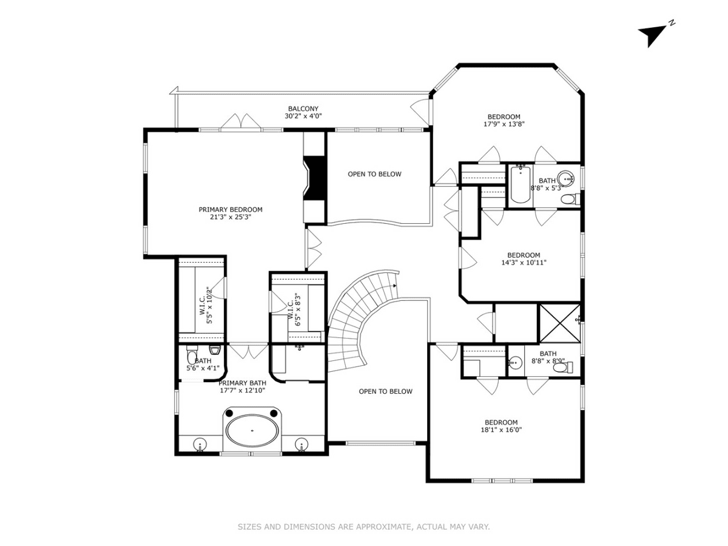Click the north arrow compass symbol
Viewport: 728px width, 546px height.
651,35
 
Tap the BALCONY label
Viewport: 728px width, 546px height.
303,109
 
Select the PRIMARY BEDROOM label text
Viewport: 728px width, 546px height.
230,209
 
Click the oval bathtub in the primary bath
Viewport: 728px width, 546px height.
252,430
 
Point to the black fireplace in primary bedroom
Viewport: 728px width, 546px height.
315,178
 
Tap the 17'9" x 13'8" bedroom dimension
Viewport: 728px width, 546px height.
504,124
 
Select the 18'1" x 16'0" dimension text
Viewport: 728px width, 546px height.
501,430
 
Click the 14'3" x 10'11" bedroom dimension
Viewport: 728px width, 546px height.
524,263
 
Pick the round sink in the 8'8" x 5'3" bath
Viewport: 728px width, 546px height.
565,178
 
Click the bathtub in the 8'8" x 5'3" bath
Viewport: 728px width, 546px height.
520,184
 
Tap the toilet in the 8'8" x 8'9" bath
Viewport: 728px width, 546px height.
562,367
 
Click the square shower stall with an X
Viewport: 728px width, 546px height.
559,323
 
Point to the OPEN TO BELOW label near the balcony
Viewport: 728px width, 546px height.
374,174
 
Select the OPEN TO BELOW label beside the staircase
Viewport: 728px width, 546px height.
385,391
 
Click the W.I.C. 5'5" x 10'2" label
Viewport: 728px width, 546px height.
206,305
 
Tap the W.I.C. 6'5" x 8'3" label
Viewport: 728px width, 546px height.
294,309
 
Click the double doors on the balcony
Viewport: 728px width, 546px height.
241,121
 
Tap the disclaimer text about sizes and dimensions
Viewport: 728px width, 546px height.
364,527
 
